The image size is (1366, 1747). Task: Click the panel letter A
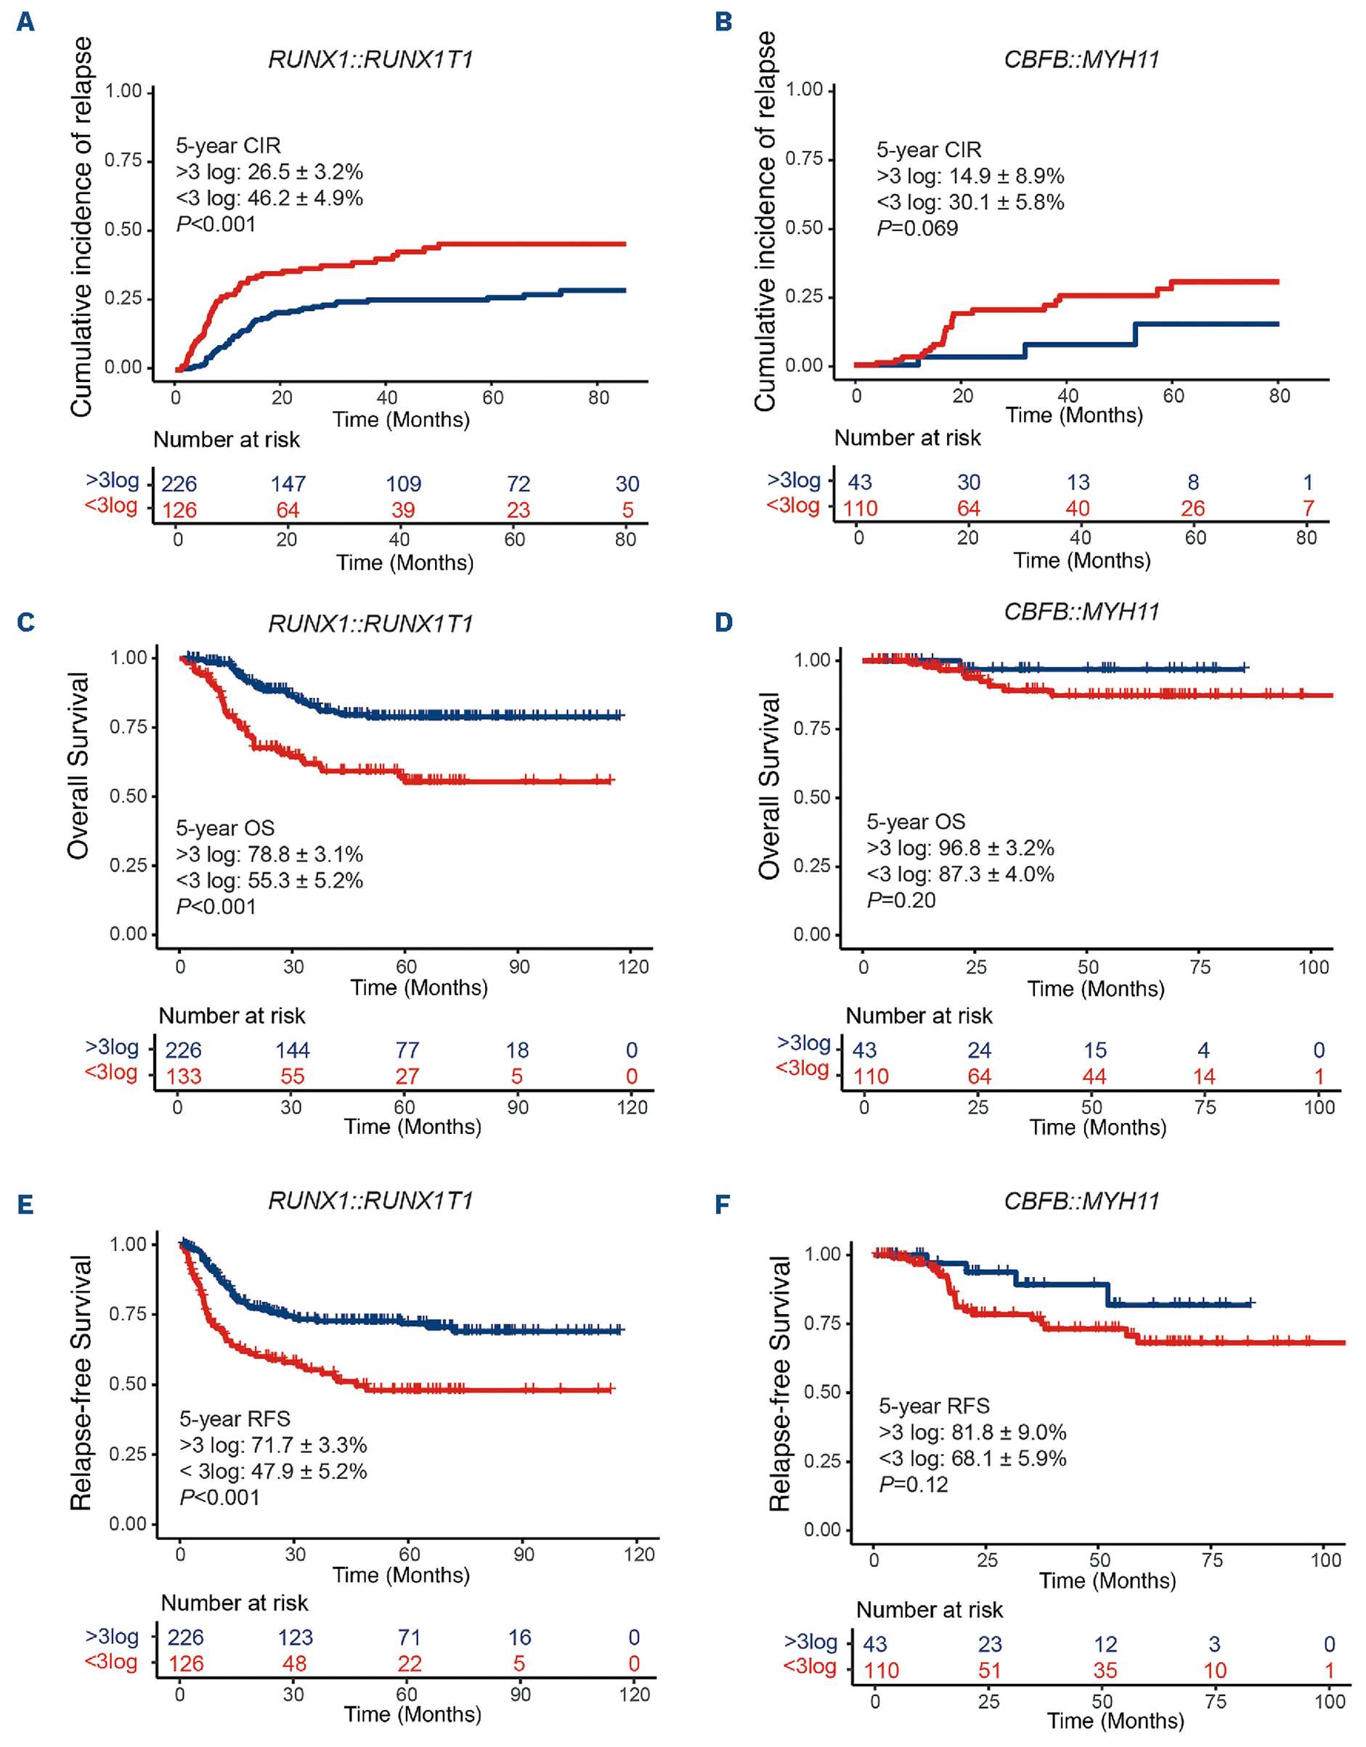point(25,22)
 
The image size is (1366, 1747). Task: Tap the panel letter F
point(722,1204)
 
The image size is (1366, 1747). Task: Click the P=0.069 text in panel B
point(916,229)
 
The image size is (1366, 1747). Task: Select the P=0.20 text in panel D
point(900,900)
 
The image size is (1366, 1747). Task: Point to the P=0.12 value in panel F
point(913,1485)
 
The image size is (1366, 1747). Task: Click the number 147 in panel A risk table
point(288,484)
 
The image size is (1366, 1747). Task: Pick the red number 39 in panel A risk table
point(403,511)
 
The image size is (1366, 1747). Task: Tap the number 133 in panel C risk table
point(184,1077)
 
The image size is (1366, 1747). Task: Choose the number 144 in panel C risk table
point(293,1050)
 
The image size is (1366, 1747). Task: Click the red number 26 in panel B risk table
point(1192,508)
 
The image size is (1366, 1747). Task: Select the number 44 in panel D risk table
point(1094,1077)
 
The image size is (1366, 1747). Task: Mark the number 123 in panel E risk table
point(295,1637)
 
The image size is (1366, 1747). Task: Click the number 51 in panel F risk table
point(989,1670)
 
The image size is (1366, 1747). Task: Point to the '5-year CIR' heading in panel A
point(228,145)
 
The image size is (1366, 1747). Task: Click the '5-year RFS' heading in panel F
point(933,1406)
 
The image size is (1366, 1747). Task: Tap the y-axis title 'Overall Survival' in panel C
point(78,766)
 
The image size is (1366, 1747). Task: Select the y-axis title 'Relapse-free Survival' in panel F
point(780,1384)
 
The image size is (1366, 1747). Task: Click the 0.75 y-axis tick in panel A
point(123,160)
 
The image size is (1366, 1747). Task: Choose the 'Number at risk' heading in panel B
point(907,438)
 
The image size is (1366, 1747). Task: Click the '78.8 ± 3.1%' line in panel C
point(269,854)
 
